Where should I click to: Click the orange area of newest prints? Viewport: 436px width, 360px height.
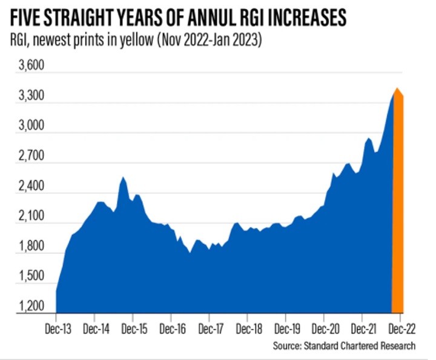[398, 212]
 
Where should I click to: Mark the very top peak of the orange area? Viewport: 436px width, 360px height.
[397, 88]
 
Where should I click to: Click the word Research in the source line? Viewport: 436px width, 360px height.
[400, 346]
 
